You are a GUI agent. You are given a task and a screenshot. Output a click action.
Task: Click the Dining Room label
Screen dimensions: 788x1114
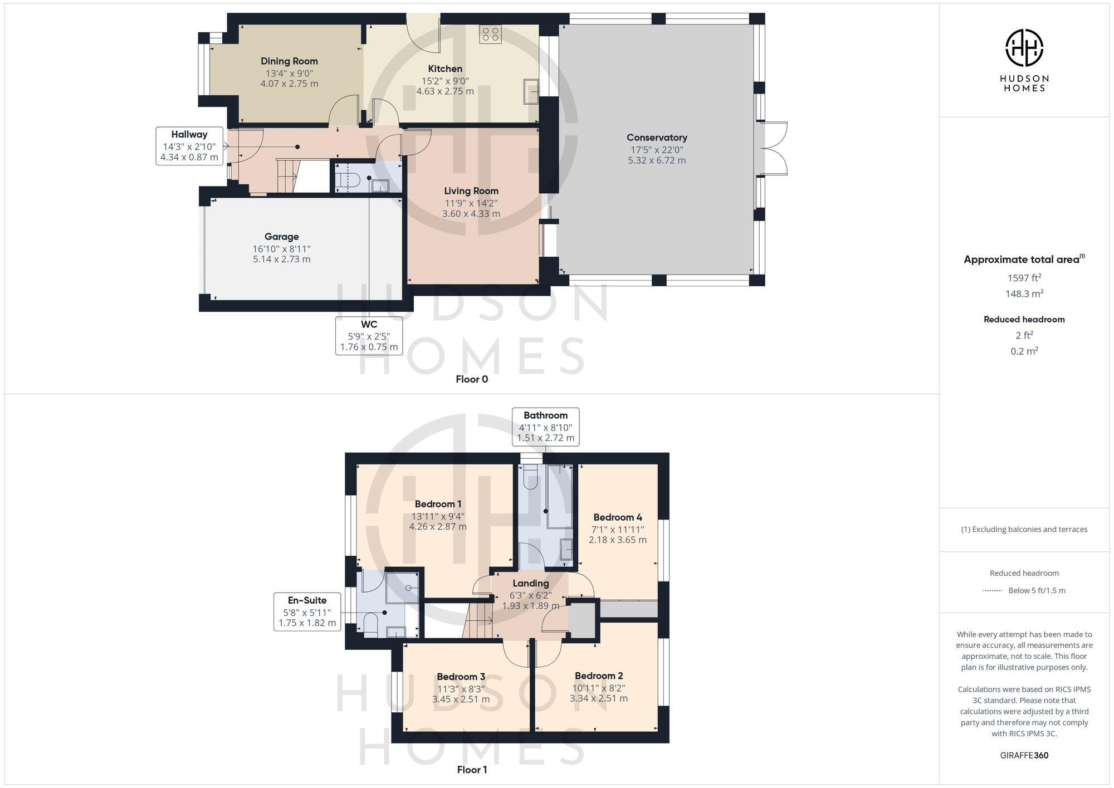(x=289, y=61)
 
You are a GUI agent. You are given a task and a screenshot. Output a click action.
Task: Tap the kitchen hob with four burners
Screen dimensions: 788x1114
(x=491, y=34)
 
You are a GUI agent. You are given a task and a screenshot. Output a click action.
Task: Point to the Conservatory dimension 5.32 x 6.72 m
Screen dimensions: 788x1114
(x=657, y=160)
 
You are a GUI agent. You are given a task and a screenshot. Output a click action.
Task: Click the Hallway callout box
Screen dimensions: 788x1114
(x=189, y=145)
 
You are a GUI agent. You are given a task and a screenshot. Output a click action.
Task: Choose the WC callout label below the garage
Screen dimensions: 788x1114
(x=369, y=335)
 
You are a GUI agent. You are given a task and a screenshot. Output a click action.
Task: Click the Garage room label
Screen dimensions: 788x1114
(x=281, y=237)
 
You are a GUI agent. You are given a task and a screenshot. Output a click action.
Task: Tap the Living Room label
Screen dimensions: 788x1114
(x=471, y=191)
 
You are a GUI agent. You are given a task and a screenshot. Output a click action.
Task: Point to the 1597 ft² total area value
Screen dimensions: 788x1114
(x=1024, y=278)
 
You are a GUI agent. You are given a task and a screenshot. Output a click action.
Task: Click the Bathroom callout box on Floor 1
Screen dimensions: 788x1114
(x=545, y=427)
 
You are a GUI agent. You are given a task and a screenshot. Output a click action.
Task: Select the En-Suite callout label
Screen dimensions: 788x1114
(x=307, y=611)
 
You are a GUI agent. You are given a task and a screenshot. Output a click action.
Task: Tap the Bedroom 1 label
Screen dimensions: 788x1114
(x=438, y=504)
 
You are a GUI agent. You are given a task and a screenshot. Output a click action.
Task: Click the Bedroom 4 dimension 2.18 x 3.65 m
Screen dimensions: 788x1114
(x=617, y=540)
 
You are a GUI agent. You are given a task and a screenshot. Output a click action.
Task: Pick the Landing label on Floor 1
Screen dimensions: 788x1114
(x=530, y=583)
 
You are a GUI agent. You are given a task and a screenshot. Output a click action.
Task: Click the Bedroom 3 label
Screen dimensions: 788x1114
(x=461, y=677)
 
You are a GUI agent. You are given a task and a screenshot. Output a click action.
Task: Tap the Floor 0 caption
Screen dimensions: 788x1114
(x=471, y=379)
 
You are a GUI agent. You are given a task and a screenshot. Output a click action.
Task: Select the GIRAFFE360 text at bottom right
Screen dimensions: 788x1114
(x=1024, y=755)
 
